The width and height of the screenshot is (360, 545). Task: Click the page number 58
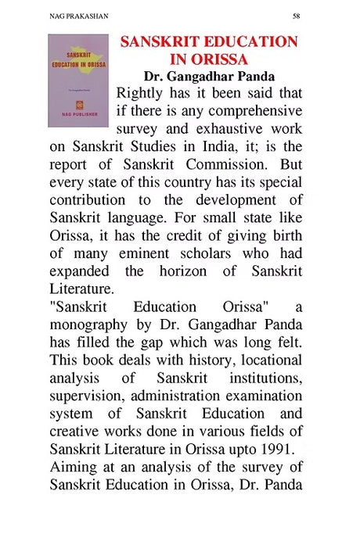click(296, 15)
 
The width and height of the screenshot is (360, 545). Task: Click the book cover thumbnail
click(77, 81)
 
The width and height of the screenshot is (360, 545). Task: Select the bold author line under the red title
click(208, 77)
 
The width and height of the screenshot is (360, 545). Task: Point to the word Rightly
click(142, 94)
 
